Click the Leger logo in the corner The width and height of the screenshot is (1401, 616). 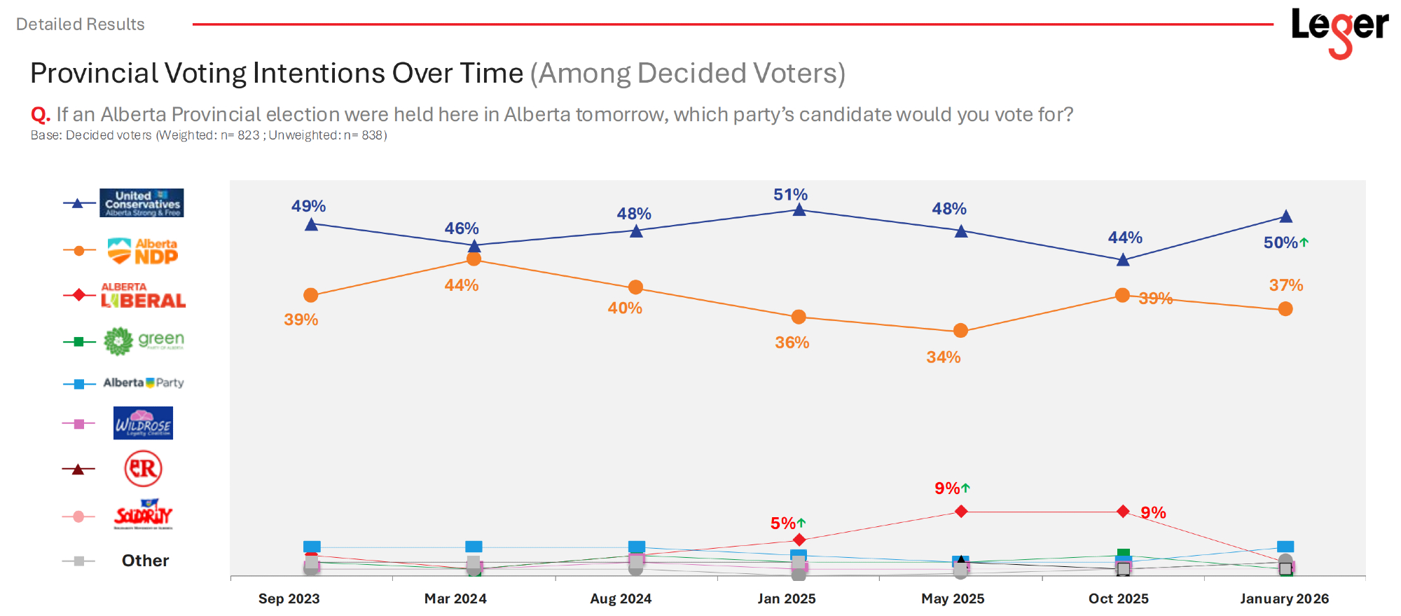tap(1339, 31)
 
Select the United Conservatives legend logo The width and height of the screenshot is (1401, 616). tap(142, 203)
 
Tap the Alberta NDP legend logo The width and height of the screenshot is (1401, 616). tap(143, 251)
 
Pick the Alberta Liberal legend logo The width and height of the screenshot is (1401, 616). tap(144, 296)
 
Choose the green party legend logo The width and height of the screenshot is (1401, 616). tap(144, 341)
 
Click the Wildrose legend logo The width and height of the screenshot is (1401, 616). tap(143, 423)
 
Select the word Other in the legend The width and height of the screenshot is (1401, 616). tap(145, 561)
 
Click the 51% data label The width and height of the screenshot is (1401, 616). tap(790, 195)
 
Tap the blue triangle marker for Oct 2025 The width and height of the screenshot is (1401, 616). tap(1123, 260)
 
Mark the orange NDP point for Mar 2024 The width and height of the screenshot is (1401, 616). tap(474, 259)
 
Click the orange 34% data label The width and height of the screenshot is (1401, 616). tap(943, 357)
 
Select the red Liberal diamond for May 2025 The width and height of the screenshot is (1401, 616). tap(961, 512)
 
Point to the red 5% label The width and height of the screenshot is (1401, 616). tap(783, 523)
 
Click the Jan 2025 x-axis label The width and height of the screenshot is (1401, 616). tap(787, 598)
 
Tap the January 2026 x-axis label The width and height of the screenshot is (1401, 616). tap(1284, 598)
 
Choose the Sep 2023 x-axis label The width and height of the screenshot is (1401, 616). tap(289, 598)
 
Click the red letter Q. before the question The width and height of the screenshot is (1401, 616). tap(40, 114)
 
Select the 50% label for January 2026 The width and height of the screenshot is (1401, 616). tap(1281, 242)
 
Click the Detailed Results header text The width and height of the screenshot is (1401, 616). tap(80, 25)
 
